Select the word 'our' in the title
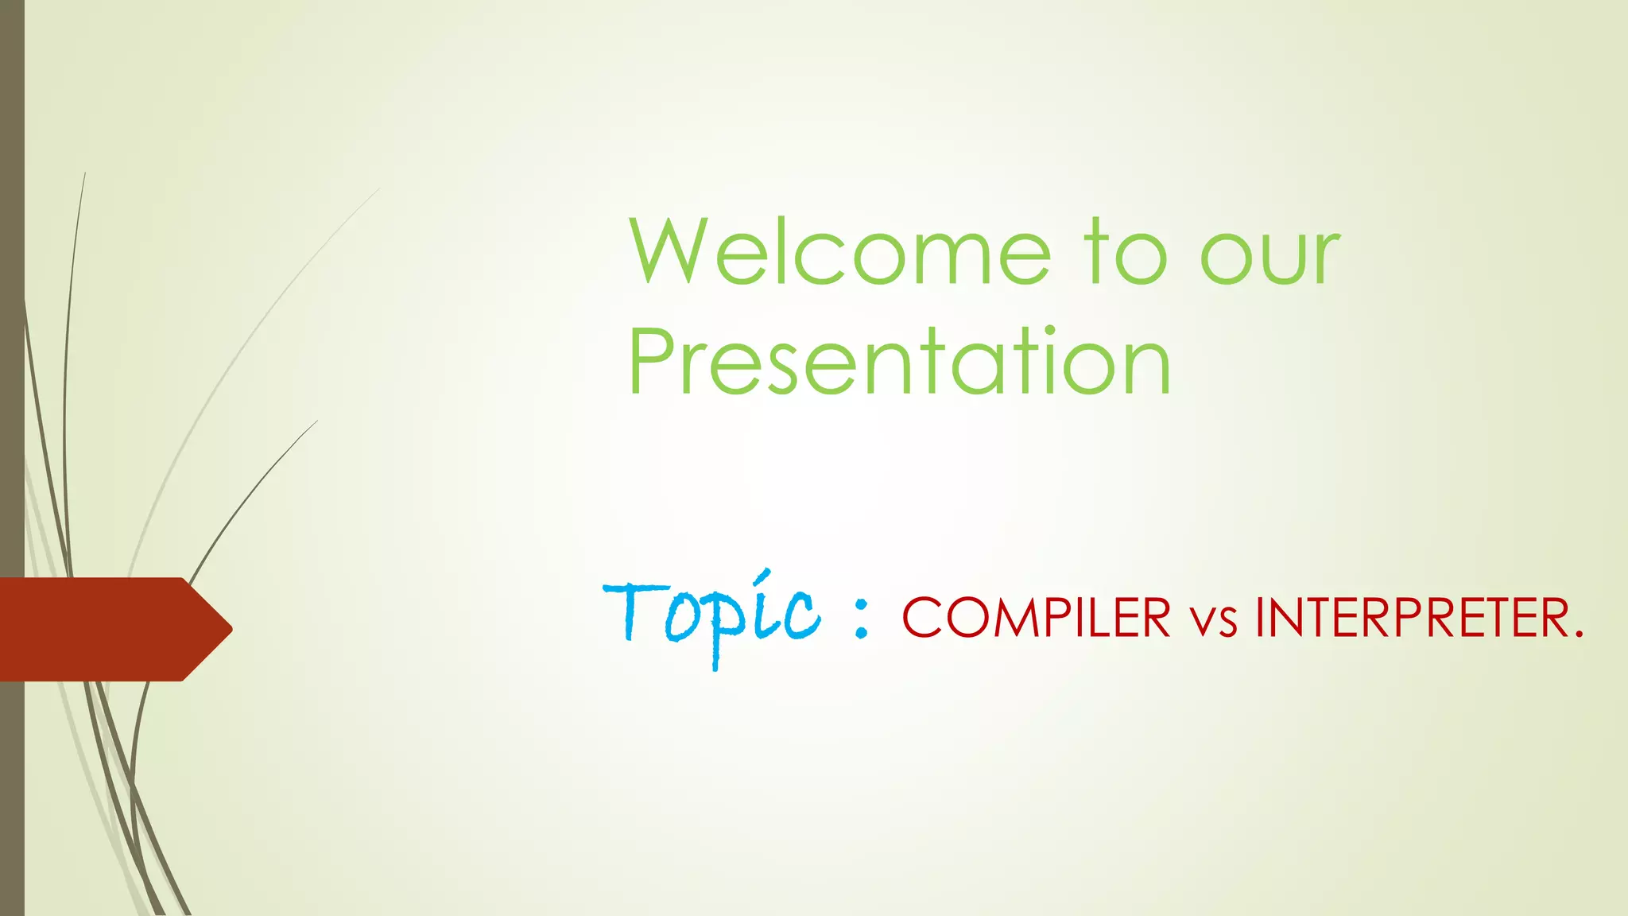coord(1270,258)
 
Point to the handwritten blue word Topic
coord(711,616)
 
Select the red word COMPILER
coord(1036,618)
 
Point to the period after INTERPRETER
coord(1578,635)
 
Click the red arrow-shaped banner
coord(103,629)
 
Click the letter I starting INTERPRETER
coord(1260,618)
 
